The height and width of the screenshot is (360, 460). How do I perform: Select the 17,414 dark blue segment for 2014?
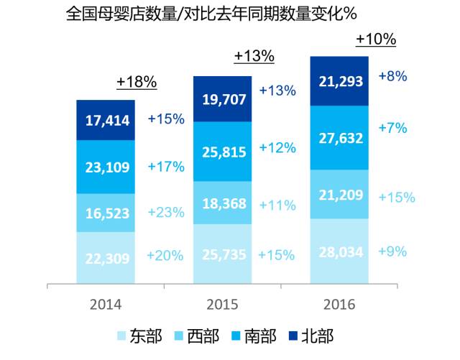[x=106, y=120]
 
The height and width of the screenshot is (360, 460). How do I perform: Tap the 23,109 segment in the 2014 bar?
[x=106, y=167]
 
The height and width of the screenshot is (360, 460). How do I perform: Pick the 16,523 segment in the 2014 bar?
[x=106, y=213]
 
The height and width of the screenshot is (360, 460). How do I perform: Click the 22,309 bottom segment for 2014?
[x=106, y=257]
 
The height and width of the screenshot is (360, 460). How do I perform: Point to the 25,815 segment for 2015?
[x=223, y=152]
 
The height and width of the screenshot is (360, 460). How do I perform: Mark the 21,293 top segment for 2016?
[x=339, y=80]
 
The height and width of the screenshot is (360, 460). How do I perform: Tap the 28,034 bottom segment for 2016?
[x=339, y=251]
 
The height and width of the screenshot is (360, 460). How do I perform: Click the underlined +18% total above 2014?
[x=137, y=83]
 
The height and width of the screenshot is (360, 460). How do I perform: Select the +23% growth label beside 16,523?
[x=166, y=213]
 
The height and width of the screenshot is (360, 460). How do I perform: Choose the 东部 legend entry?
[x=140, y=336]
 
